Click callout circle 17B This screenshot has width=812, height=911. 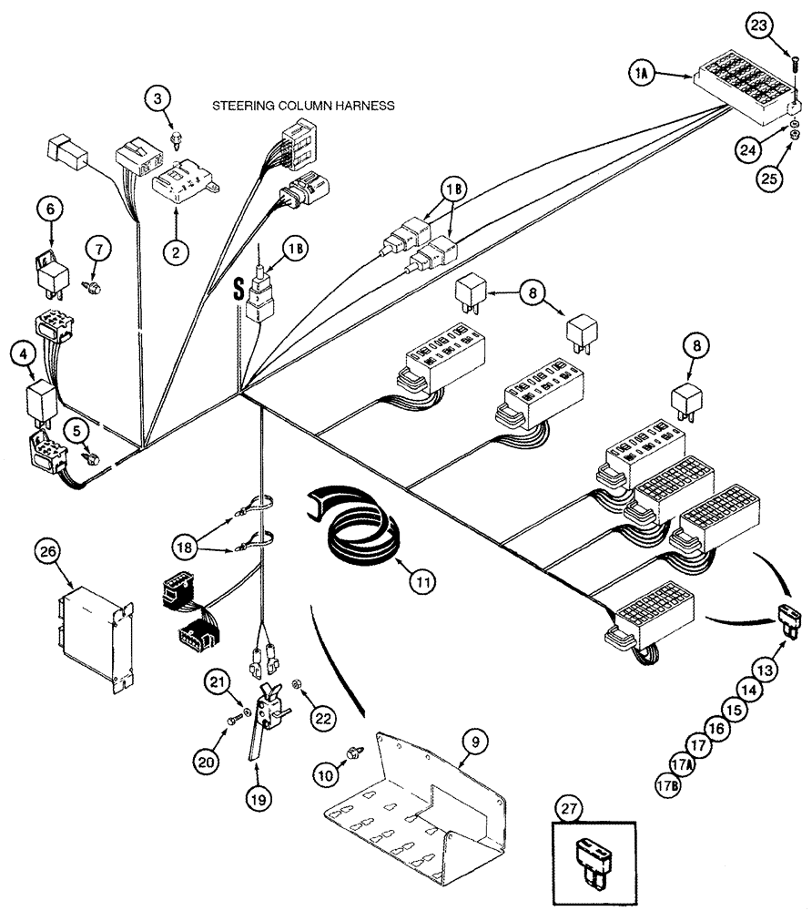click(x=666, y=782)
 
